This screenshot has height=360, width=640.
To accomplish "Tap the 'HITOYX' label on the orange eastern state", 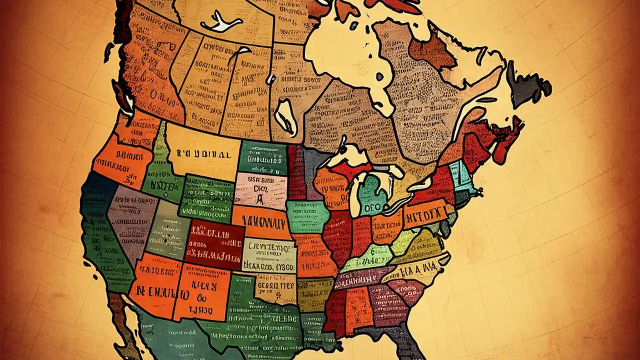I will (x=425, y=214).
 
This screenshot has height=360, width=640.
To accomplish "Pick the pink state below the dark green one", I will (x=260, y=190).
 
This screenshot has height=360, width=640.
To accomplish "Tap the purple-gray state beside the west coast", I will (x=131, y=215).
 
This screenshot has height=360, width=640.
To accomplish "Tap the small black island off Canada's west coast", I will (x=108, y=53).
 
